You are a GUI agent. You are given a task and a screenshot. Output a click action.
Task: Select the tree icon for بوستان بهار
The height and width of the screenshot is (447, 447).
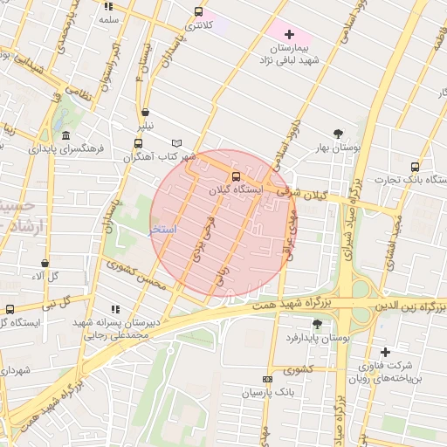338,134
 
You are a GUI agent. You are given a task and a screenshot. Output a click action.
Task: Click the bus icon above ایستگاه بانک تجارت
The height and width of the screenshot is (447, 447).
415,166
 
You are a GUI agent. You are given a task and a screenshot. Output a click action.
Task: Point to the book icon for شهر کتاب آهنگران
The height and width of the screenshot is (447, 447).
177,143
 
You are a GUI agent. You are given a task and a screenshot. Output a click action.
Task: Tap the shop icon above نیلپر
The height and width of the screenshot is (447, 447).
145,112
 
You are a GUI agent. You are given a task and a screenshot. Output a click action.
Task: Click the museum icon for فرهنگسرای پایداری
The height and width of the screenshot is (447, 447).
66,134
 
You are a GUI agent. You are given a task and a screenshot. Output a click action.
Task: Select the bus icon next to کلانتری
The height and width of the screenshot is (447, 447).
199,11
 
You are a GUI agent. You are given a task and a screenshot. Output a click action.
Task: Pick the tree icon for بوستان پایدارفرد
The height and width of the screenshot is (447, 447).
316,324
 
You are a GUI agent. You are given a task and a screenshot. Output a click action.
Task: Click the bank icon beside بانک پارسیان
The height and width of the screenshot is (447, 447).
267,379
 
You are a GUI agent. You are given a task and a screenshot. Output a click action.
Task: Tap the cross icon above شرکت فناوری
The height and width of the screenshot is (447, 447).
385,352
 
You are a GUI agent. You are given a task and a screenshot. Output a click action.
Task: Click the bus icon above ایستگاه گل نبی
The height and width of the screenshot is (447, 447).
10,309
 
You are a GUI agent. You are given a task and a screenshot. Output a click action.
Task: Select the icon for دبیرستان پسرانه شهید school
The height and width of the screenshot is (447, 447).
114,309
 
